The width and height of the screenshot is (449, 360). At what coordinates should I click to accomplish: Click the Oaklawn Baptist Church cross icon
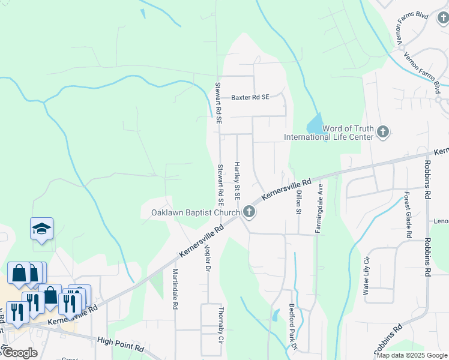pos(249,212)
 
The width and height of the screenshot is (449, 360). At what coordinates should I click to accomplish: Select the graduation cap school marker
pos(42,229)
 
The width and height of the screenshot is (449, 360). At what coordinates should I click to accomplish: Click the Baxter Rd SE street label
pos(250,97)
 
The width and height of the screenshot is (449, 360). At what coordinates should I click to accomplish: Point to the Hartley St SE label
pos(237,181)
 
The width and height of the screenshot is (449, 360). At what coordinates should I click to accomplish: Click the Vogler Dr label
pos(208,257)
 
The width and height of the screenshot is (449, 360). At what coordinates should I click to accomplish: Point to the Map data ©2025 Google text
pos(412,355)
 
